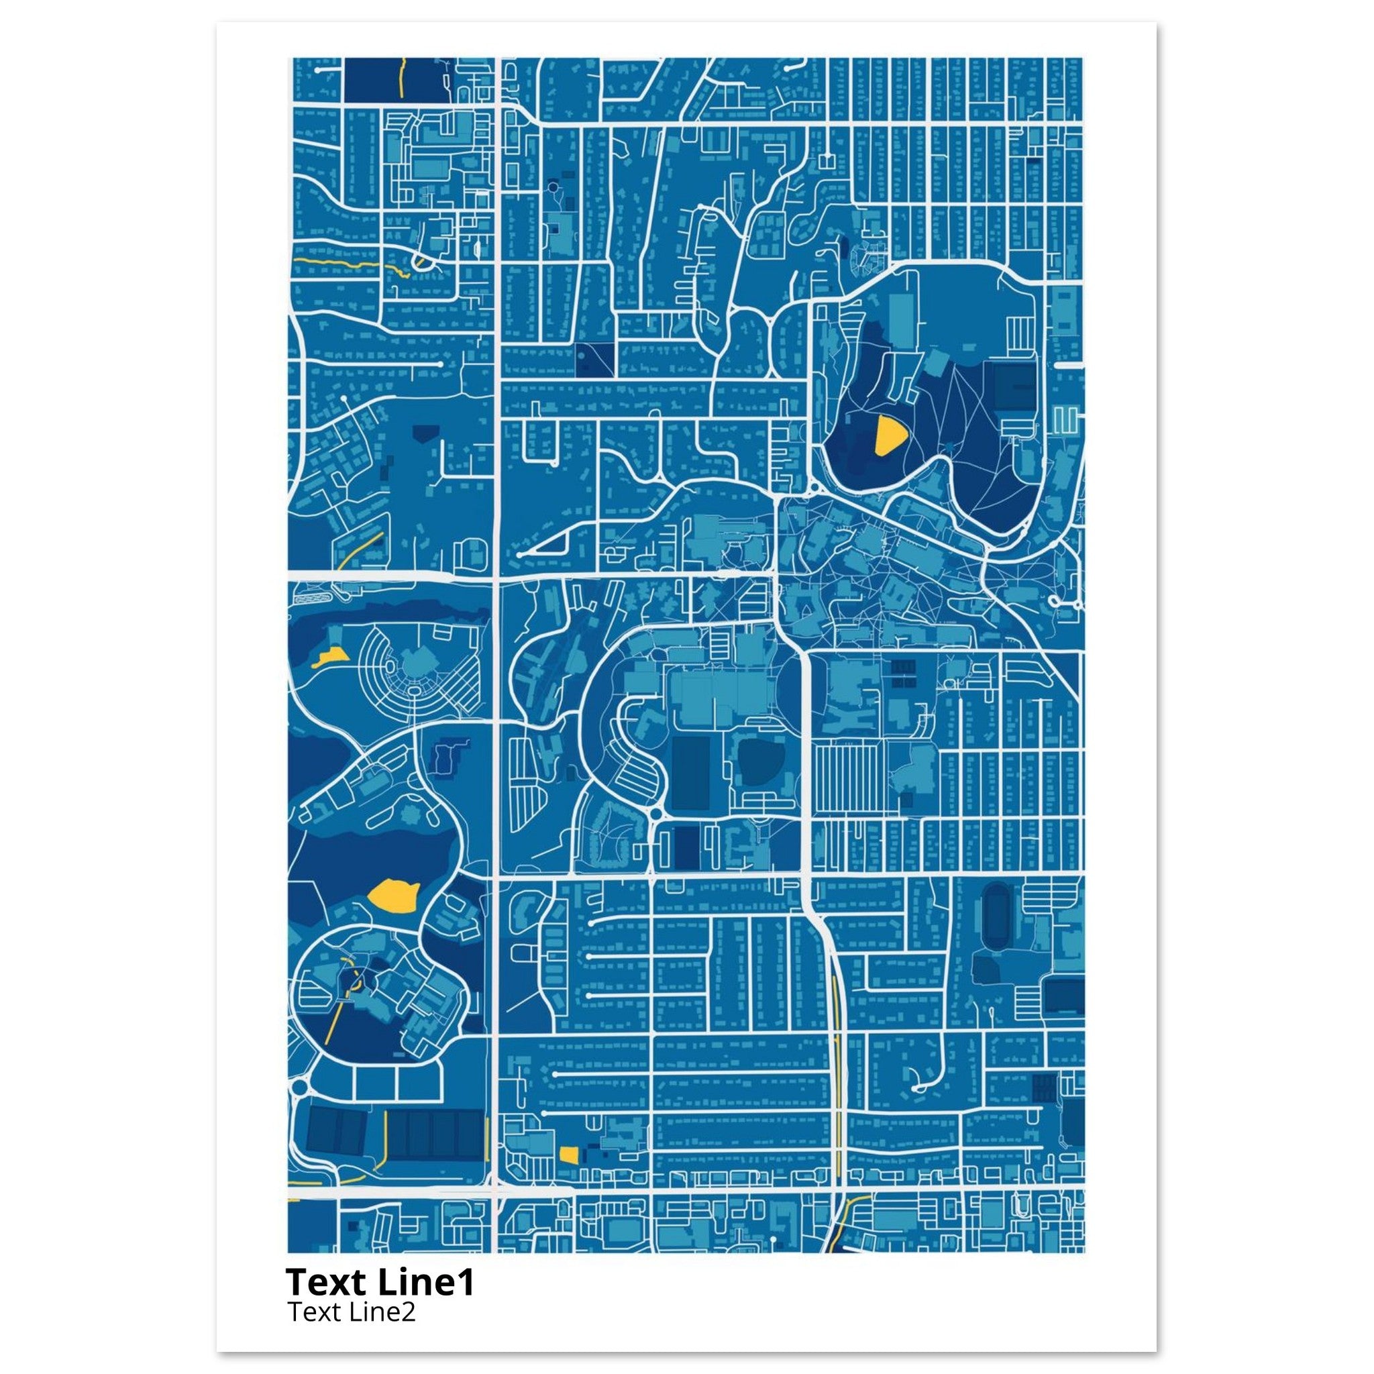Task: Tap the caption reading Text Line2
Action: (352, 1312)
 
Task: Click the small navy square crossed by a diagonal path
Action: (594, 359)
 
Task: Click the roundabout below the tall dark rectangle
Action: (655, 813)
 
